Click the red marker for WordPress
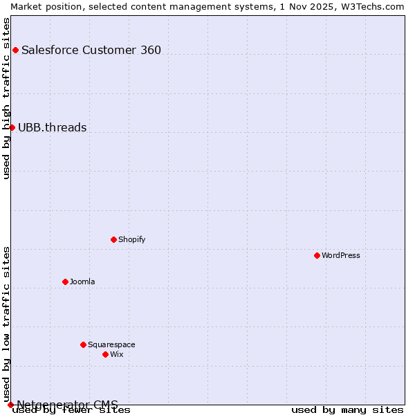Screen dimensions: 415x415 click(x=317, y=255)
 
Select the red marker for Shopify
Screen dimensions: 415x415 click(x=113, y=239)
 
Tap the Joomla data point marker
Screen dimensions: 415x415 click(x=65, y=282)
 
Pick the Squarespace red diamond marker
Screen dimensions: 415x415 click(x=83, y=344)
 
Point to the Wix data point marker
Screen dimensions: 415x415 click(x=105, y=354)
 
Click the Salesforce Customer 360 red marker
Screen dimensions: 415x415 click(x=15, y=50)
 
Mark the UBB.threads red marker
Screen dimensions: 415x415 click(x=12, y=127)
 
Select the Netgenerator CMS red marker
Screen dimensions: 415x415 click(x=10, y=405)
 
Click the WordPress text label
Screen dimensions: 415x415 click(x=341, y=255)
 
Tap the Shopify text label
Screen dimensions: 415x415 click(x=131, y=239)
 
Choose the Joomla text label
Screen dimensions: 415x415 click(x=82, y=282)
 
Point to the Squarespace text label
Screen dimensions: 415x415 click(x=111, y=344)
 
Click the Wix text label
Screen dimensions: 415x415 click(x=117, y=354)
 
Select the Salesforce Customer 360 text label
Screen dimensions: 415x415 click(x=91, y=50)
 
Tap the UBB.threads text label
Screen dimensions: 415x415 click(x=53, y=127)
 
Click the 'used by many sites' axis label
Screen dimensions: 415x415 click(x=347, y=410)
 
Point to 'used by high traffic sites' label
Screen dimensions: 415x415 click(x=6, y=98)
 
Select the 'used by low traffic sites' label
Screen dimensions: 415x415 click(x=6, y=324)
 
